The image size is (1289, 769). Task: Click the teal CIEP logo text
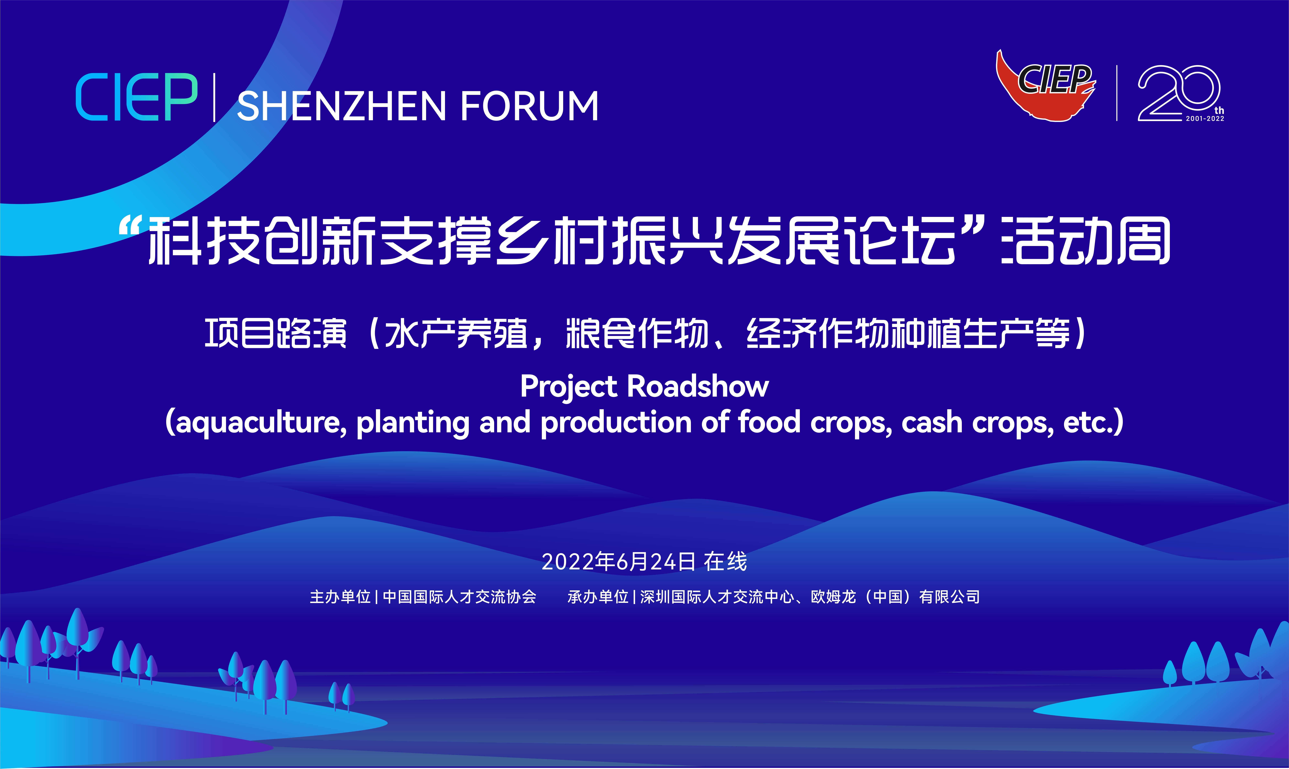(x=136, y=97)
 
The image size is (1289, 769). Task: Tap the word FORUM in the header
(x=529, y=106)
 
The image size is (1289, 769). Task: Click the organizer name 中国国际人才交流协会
(x=459, y=597)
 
